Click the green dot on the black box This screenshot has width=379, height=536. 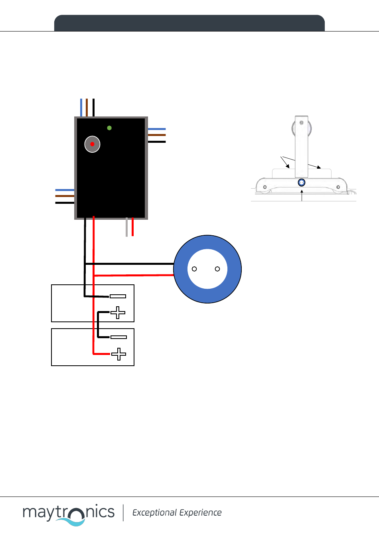109,128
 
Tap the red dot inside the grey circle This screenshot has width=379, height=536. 92,144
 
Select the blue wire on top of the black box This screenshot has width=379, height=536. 81,107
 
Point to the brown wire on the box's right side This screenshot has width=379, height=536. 156,135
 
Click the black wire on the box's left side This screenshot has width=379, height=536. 65,203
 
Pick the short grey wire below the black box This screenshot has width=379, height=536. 126,227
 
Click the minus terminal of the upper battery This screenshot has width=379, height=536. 118,296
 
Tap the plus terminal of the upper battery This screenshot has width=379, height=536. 118,313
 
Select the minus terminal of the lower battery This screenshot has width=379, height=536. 118,337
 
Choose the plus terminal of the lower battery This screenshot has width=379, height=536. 118,354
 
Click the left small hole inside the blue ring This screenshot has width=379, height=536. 194,269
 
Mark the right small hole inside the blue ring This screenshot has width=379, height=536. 217,269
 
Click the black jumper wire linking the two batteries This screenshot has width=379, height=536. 98,325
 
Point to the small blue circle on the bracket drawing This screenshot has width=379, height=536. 302,183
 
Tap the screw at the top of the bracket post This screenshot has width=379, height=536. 302,123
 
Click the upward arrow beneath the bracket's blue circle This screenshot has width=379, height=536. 302,195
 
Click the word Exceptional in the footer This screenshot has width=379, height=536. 155,512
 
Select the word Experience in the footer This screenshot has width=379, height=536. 200,513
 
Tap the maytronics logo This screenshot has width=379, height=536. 69,514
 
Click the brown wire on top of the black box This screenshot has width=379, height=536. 87,107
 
